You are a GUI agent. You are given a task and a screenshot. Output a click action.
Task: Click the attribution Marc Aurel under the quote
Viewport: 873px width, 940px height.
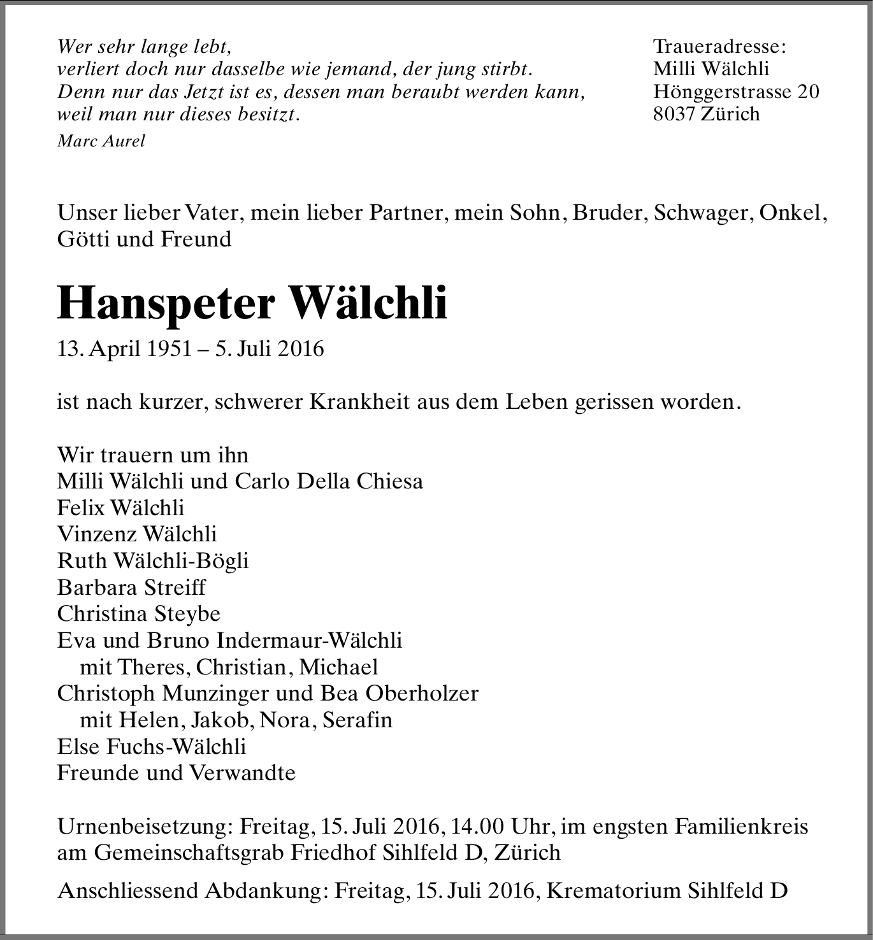101,141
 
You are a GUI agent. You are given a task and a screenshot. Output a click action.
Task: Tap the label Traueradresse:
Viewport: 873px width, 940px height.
719,46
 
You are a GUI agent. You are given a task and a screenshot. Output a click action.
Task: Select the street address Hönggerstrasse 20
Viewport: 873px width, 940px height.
736,92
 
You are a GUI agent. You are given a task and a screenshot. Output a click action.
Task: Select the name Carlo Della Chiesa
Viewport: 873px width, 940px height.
329,481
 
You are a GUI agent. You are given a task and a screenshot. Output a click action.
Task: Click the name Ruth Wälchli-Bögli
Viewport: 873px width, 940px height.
153,560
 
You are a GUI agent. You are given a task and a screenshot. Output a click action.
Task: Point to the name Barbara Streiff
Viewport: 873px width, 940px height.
131,587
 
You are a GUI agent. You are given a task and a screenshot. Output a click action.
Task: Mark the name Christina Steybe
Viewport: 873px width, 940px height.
139,614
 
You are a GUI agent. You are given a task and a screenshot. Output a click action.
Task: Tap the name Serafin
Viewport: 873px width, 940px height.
357,720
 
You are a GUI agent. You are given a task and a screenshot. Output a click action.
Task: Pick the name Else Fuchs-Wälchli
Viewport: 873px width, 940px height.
152,746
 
